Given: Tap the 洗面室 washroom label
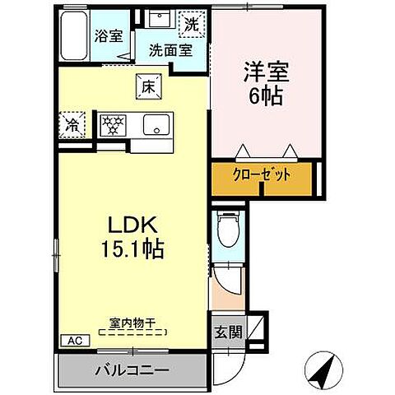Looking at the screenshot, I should point(170,49).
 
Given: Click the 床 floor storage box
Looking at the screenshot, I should point(148,85).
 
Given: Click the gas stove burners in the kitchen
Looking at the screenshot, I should point(114,125).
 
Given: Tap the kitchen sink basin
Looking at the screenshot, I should point(154,125).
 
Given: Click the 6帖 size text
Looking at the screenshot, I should point(263,96).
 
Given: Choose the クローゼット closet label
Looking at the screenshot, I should point(260,175).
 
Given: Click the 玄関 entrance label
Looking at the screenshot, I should point(228,333).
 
